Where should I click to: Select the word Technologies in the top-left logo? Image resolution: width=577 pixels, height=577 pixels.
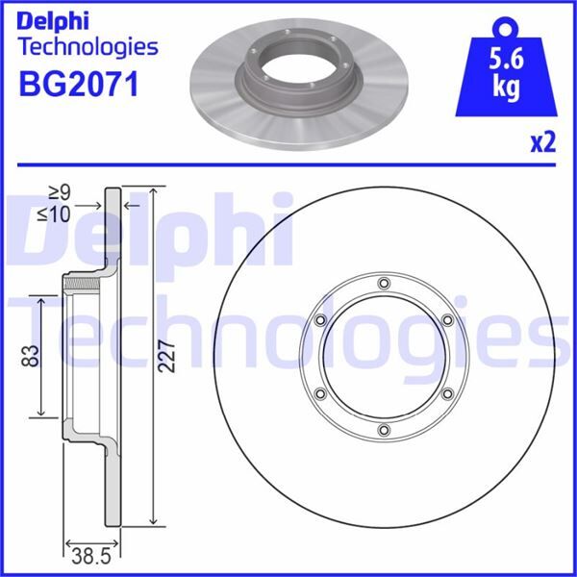coord(88,46)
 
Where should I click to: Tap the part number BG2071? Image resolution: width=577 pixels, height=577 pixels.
coord(79,84)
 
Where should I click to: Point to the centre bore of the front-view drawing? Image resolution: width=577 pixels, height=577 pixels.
coord(384,357)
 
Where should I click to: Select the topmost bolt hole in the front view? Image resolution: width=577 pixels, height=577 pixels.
coord(384,283)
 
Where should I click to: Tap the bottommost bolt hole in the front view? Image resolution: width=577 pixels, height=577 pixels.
coord(384,430)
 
